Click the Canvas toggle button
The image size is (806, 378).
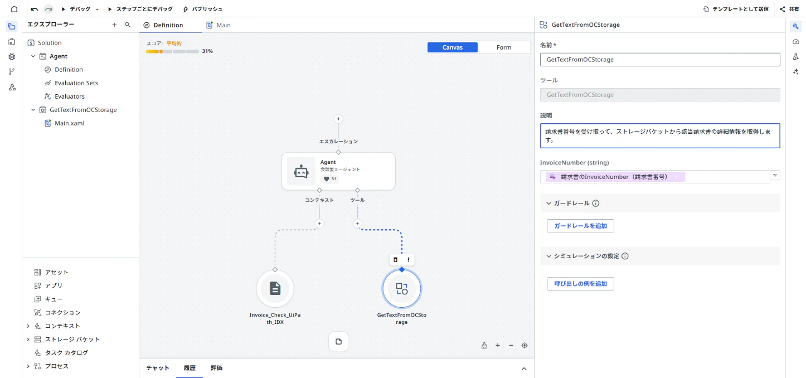point(452,47)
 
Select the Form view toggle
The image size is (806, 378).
point(504,47)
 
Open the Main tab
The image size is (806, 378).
point(219,25)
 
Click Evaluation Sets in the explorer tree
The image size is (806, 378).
point(76,83)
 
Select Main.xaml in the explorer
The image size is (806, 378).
point(69,123)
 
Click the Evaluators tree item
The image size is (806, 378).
point(70,96)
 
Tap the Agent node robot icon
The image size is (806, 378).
point(301,172)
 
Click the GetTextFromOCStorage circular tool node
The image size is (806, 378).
point(401,288)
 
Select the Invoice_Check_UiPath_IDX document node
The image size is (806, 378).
point(275,288)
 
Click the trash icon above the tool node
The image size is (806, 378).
point(395,260)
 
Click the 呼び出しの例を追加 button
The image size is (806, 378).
point(580,284)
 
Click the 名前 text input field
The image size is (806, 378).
point(660,60)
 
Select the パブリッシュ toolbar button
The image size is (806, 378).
point(202,9)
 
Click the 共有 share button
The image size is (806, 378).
point(789,9)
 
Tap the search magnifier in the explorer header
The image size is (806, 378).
point(128,25)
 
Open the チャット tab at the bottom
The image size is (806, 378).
point(158,368)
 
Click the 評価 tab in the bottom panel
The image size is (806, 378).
point(216,368)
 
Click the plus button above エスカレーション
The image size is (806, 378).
point(338,119)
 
